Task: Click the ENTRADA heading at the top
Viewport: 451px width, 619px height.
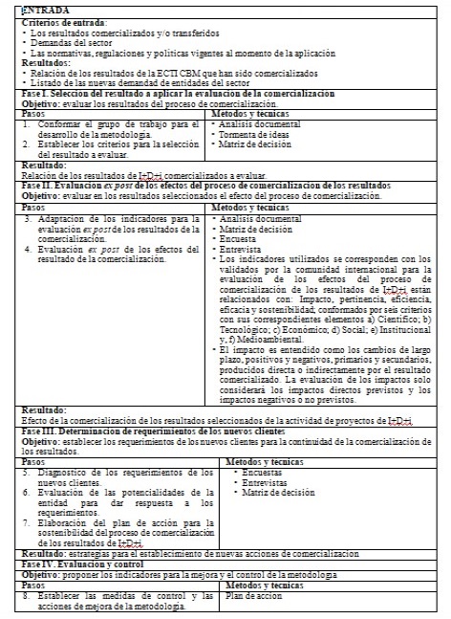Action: coord(38,9)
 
